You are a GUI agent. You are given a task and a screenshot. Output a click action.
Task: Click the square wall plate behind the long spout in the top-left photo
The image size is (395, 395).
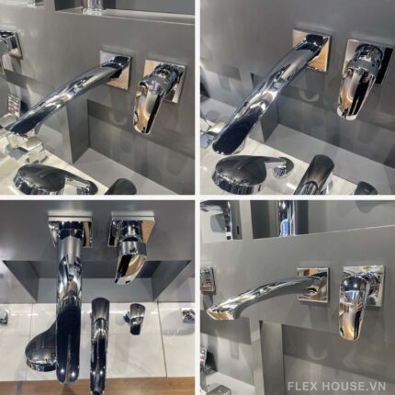tap(116, 69)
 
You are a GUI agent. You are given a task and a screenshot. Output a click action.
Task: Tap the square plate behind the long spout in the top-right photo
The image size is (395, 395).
tap(311, 50)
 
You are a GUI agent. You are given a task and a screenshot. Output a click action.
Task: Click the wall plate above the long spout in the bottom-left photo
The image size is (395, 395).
tap(70, 229)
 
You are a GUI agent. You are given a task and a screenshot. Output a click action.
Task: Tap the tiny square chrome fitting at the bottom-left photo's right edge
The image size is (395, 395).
tap(187, 315)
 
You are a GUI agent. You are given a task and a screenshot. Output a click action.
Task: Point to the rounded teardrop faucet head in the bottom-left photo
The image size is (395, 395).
tap(41, 352)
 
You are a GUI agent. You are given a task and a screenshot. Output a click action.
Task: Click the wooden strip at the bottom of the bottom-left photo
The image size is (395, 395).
tap(97, 387)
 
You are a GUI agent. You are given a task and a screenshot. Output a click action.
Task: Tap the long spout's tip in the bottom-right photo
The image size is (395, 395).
tap(214, 312)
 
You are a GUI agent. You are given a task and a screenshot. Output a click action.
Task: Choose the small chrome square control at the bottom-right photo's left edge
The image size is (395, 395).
tap(207, 278)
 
